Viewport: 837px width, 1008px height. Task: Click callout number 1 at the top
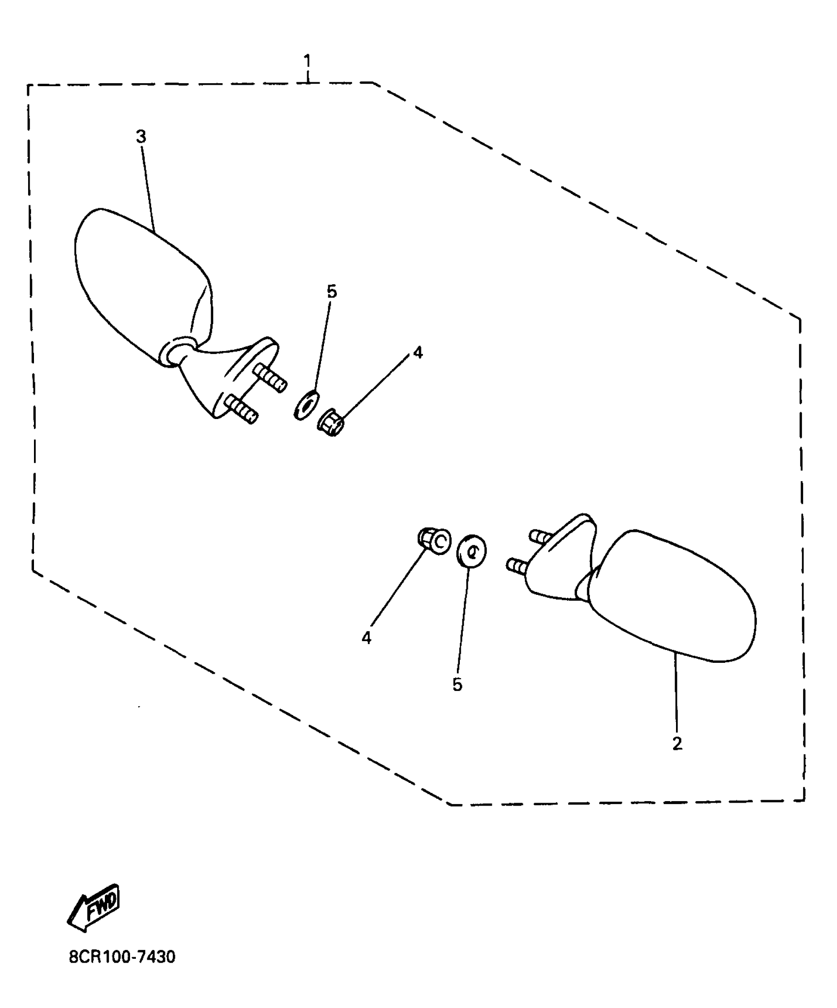click(x=307, y=62)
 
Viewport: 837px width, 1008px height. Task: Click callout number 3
click(x=141, y=136)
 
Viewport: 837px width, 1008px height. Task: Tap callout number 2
click(x=677, y=744)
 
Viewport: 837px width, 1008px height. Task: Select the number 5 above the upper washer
click(x=332, y=292)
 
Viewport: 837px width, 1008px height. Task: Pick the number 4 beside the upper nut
click(x=418, y=353)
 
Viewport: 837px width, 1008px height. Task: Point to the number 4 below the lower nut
click(x=366, y=638)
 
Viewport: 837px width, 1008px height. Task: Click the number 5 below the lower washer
click(x=457, y=684)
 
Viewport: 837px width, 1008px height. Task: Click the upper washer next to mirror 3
click(x=306, y=405)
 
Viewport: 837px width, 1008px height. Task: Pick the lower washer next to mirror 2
click(x=471, y=552)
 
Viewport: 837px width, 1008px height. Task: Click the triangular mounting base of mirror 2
click(x=559, y=561)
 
